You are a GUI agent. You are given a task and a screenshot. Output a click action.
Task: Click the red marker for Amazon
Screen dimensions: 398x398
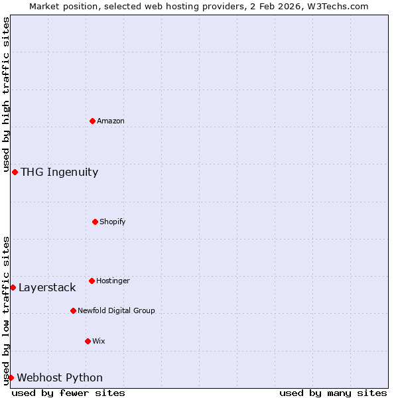92,121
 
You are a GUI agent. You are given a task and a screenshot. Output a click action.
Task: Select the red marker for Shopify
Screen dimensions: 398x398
95,222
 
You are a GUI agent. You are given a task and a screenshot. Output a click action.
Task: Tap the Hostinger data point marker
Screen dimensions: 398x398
92,281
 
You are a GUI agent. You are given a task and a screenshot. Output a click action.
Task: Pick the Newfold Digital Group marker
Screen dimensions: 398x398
73,310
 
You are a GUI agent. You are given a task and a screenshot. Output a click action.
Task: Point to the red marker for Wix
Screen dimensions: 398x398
88,341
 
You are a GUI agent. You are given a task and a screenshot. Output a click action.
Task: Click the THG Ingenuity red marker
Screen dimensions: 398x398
15,172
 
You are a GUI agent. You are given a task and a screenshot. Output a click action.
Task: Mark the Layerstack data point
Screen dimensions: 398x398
13,287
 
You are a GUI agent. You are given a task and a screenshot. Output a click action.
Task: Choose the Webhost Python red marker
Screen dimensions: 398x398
11,377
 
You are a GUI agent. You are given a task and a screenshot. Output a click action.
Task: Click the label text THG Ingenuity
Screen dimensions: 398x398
59,172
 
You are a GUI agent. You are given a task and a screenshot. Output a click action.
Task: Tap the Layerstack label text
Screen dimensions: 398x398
47,288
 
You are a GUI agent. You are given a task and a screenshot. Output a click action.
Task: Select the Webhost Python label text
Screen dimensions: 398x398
60,378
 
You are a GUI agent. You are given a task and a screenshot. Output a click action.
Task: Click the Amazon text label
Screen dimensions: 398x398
111,121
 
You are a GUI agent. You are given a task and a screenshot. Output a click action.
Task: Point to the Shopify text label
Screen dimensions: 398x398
113,222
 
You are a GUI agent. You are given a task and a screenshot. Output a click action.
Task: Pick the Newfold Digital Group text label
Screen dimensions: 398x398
116,311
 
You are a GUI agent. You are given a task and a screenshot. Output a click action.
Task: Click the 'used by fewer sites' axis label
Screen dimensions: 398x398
68,393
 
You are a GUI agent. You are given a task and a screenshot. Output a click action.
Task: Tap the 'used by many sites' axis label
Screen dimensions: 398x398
333,393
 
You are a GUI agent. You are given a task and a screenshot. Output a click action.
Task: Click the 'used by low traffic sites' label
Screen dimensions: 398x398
6,310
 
